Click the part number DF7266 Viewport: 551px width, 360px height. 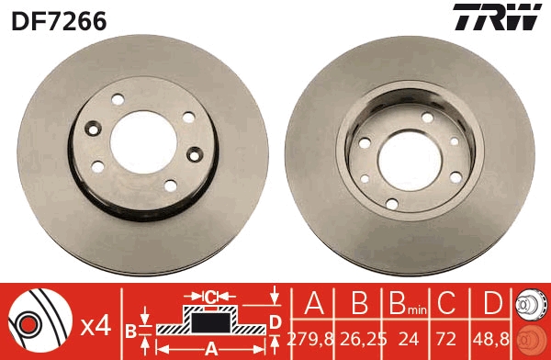(x=59, y=20)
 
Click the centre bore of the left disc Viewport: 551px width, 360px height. (x=143, y=142)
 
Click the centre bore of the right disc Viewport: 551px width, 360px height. (x=410, y=160)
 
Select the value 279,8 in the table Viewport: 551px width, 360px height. (x=310, y=339)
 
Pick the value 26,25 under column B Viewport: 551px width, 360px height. (x=364, y=339)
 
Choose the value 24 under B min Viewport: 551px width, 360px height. (x=409, y=339)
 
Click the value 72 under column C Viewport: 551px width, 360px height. (x=446, y=339)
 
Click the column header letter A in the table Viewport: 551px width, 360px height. (x=314, y=303)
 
